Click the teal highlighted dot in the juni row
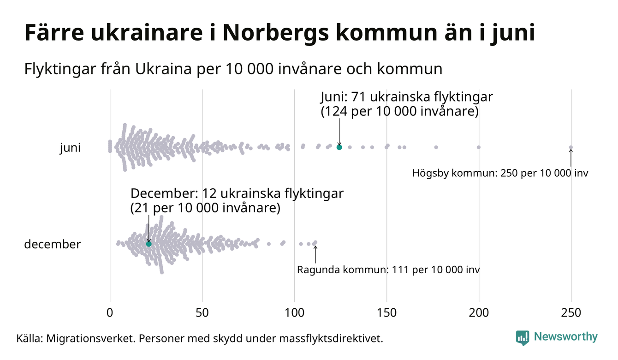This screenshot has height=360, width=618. coord(339,147)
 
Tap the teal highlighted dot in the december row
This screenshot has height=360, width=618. coord(149,244)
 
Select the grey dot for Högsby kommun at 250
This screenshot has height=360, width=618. coord(571,148)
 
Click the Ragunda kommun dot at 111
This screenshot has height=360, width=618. coord(315,242)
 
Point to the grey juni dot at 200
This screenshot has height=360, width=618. coord(479,147)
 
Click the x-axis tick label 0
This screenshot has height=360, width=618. coord(110,312)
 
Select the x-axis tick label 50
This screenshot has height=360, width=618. coord(202,312)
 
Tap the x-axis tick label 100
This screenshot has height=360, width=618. coord(294,312)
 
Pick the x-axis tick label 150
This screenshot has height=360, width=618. coord(386,312)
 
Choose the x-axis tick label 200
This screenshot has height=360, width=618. coord(479,312)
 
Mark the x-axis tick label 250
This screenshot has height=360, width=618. coord(571,312)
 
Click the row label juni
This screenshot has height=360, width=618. coord(70,148)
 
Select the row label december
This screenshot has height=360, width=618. coord(52,244)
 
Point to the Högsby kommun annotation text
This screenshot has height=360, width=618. coord(500,174)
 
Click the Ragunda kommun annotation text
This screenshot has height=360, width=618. coord(388,270)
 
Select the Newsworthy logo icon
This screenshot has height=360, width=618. coord(523,338)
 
